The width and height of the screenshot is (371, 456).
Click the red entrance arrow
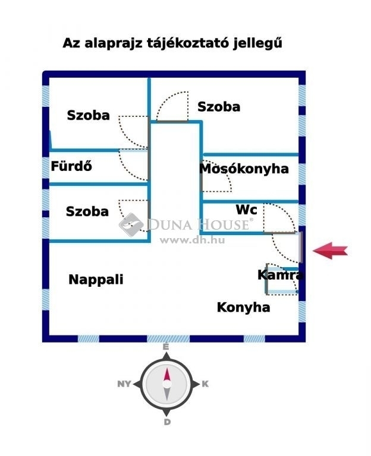[x=330, y=251]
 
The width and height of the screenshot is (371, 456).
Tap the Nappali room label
[x=96, y=280]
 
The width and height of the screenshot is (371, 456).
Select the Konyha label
[x=243, y=308]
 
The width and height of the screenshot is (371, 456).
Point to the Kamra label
[x=281, y=275]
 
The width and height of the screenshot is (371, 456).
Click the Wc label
[x=246, y=210]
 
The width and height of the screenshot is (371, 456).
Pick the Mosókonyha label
[x=244, y=169]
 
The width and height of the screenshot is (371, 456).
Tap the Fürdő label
[x=71, y=166]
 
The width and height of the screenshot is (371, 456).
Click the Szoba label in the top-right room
[x=219, y=107]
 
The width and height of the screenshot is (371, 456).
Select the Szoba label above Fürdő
[x=88, y=115]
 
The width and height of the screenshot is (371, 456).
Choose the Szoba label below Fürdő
[x=87, y=211]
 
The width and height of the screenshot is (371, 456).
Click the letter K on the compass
[x=205, y=384]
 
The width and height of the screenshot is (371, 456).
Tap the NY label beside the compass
[x=124, y=384]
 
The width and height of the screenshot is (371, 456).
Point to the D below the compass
[x=167, y=422]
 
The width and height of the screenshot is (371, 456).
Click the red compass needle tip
[x=167, y=369]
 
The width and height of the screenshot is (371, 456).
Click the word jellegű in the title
[x=257, y=43]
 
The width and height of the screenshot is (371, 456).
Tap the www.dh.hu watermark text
[x=192, y=240]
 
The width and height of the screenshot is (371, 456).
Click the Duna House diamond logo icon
[x=131, y=225]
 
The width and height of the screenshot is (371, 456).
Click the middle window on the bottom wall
[x=168, y=338]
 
